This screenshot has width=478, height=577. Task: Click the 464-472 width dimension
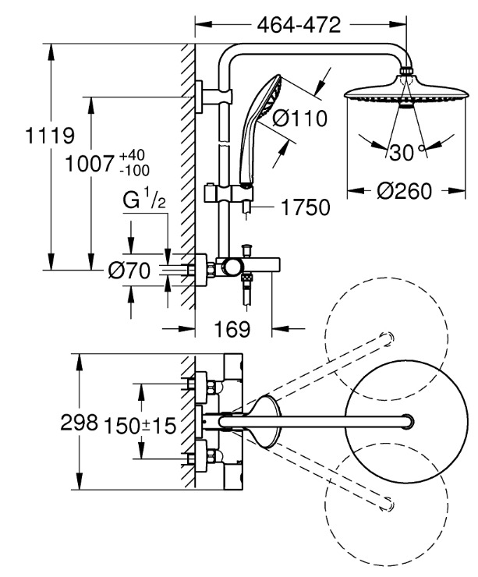click(299, 25)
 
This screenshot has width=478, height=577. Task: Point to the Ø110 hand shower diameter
click(299, 119)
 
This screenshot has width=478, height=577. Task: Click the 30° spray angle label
click(403, 152)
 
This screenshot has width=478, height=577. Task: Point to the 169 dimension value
click(232, 330)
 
